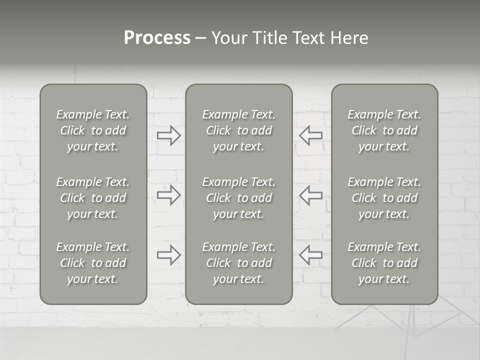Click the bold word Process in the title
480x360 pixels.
(x=157, y=38)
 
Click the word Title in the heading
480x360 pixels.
(x=270, y=38)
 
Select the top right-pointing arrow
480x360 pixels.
(x=169, y=135)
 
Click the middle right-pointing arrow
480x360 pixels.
(x=169, y=195)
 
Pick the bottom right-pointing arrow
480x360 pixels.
(x=169, y=255)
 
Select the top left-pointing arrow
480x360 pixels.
(x=310, y=135)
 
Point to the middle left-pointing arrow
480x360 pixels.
(x=310, y=195)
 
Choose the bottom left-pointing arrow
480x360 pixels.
(x=310, y=255)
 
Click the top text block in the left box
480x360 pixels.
(x=93, y=130)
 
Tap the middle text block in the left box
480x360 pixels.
(x=93, y=198)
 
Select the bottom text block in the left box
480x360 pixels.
(x=93, y=263)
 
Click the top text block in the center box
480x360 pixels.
(x=239, y=130)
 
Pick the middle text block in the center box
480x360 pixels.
(x=239, y=198)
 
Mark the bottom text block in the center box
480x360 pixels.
(x=239, y=263)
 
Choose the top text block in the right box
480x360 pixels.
(x=384, y=130)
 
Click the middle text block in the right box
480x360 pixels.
(x=384, y=198)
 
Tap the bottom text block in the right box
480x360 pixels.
(x=384, y=263)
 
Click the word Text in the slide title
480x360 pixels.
(x=307, y=38)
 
